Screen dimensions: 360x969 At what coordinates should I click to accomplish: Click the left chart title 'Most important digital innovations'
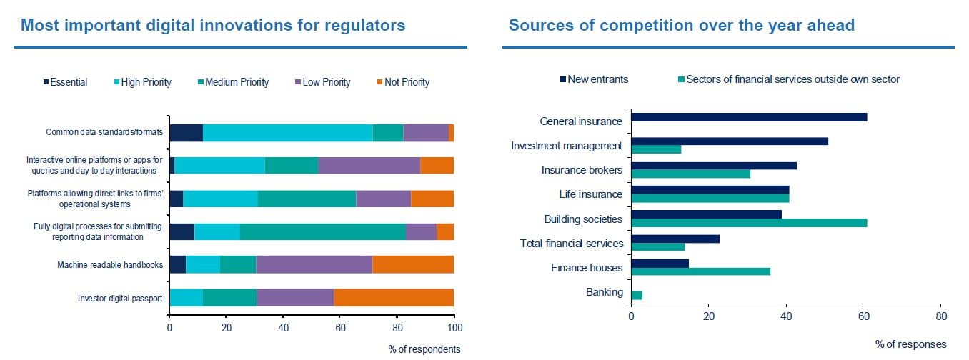point(213,26)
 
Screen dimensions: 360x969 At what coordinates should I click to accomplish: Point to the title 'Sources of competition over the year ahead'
point(681,26)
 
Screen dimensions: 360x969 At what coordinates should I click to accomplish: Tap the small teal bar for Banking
point(637,295)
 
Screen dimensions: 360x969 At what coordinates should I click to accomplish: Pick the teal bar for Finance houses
point(701,271)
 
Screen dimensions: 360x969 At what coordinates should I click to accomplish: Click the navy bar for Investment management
point(730,141)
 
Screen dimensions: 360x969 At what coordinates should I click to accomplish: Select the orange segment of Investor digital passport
point(394,299)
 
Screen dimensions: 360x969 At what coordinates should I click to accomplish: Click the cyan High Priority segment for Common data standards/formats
point(288,133)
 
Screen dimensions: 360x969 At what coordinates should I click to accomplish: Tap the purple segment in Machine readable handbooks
point(314,264)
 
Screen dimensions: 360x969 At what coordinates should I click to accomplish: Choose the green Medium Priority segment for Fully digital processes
point(323,231)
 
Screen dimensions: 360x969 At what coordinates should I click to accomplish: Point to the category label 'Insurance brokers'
point(582,171)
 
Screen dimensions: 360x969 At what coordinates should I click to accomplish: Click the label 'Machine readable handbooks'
point(111,266)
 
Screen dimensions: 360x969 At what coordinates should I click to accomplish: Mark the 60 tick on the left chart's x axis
point(340,328)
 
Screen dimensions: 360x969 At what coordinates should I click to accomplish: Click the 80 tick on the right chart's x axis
point(940,316)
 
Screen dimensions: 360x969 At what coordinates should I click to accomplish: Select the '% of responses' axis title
point(910,344)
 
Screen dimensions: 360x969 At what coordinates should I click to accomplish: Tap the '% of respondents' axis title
point(424,349)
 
